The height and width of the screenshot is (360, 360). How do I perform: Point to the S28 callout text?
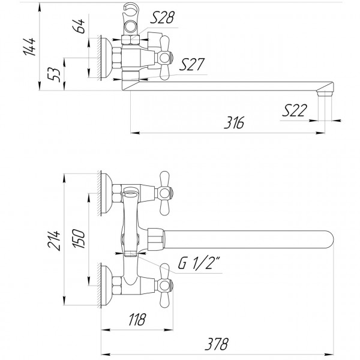[163, 19]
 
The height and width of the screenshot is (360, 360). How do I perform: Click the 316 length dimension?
[235, 124]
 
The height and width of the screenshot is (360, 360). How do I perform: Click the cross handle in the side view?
[165, 58]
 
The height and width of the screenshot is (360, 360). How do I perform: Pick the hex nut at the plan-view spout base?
[155, 238]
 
